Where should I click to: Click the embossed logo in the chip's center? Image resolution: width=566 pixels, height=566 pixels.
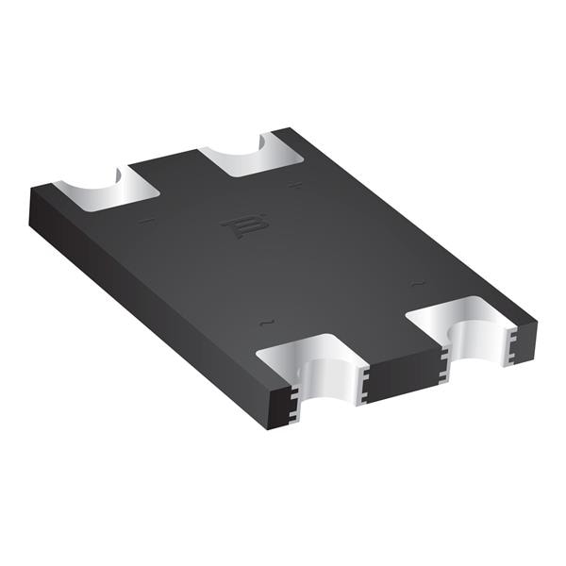click(x=244, y=226)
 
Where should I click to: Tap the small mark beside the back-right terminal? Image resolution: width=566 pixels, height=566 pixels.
click(x=296, y=185)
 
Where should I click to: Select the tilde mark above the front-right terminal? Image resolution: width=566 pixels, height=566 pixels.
click(x=414, y=282)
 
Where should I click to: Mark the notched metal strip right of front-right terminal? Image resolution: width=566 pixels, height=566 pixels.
click(x=511, y=341)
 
